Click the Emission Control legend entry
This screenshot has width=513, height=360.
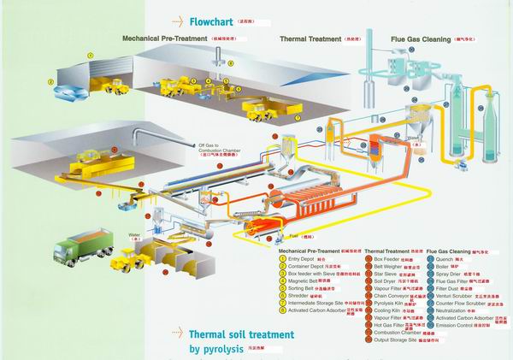pyautogui.click(x=465, y=326)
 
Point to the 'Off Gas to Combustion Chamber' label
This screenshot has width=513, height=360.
pyautogui.click(x=223, y=149)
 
